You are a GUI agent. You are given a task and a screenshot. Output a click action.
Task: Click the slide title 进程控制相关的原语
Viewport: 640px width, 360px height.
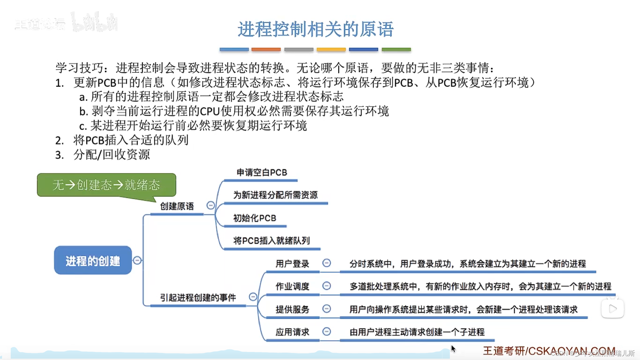[x=315, y=29]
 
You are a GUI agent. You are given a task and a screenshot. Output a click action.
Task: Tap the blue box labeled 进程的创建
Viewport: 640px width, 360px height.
[x=93, y=260]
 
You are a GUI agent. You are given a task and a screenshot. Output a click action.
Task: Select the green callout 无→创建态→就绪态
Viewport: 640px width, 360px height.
[x=106, y=185]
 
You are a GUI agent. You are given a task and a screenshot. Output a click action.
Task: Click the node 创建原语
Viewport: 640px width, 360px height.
[x=177, y=206]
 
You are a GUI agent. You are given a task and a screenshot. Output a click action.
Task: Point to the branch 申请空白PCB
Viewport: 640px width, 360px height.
[x=262, y=173]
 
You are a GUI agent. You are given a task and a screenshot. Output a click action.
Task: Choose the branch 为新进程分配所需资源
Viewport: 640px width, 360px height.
[x=275, y=195]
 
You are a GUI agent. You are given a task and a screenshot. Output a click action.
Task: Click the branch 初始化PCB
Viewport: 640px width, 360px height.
[x=255, y=218]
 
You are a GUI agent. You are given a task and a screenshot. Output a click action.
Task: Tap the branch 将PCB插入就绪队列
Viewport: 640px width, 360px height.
[x=271, y=241]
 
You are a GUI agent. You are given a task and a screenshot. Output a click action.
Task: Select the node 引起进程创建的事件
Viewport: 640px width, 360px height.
[x=198, y=297]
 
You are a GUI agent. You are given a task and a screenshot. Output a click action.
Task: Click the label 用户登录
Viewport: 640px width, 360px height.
[x=292, y=264]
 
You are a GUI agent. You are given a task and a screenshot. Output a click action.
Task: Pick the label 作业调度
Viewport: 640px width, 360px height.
[x=292, y=286]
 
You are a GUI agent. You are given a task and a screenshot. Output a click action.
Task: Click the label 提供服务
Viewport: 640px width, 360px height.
[x=292, y=309]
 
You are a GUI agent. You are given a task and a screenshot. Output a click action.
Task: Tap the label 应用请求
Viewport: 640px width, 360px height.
[x=292, y=332]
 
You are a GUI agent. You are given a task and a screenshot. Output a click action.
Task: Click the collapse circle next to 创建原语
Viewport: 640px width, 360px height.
[x=211, y=205]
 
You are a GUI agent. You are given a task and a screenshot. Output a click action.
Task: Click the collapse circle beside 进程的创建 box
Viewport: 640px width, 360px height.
[x=137, y=260]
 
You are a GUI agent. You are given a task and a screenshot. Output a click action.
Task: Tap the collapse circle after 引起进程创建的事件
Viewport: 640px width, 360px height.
[x=253, y=297]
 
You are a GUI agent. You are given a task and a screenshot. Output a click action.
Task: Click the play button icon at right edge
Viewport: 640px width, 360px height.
[x=613, y=309]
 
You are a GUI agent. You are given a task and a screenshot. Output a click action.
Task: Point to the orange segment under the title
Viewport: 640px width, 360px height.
[x=266, y=49]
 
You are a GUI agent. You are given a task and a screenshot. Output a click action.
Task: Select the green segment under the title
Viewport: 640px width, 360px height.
[x=396, y=49]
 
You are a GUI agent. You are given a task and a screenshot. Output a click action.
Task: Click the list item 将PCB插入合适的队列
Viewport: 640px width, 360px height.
[x=131, y=140]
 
